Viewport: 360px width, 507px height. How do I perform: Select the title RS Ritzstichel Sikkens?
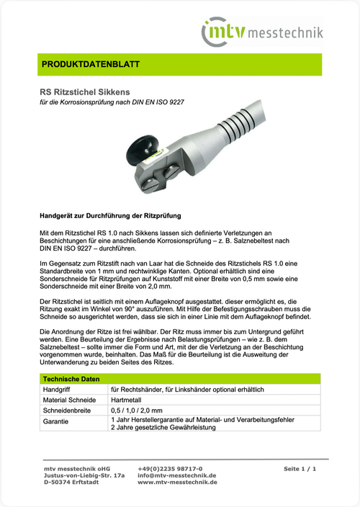tap(85, 92)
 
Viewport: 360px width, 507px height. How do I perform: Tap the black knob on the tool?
tap(140, 153)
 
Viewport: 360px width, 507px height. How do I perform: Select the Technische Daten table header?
tap(70, 379)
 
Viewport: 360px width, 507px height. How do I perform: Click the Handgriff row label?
tap(59, 389)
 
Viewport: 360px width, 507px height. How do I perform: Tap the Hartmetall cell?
tap(129, 400)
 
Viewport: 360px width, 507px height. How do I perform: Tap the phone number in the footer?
tap(170, 469)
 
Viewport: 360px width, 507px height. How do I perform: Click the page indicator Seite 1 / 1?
tap(300, 469)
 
